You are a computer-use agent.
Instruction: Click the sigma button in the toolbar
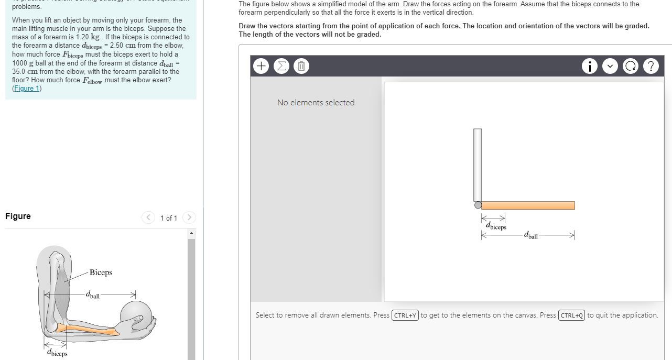[281, 67]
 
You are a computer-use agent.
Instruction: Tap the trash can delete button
[301, 67]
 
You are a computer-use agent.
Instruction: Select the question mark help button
[651, 67]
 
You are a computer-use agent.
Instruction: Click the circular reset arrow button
[631, 67]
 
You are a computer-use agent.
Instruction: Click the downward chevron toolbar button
[610, 67]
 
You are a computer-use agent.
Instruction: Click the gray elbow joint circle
[478, 205]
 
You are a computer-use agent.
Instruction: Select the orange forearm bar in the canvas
[528, 205]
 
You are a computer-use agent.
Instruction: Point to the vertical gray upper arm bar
[477, 165]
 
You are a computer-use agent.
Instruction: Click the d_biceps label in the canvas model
[496, 227]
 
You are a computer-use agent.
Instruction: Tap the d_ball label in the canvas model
[530, 236]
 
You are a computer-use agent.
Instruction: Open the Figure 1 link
[27, 89]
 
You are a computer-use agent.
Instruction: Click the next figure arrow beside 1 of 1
[189, 217]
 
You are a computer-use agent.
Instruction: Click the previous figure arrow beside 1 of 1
[148, 217]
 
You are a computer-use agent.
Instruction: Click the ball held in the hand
[136, 315]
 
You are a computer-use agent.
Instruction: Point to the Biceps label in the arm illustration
[101, 272]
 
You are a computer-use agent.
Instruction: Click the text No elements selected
[316, 103]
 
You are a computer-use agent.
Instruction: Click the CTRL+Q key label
[572, 315]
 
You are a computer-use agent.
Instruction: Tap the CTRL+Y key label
[405, 315]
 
